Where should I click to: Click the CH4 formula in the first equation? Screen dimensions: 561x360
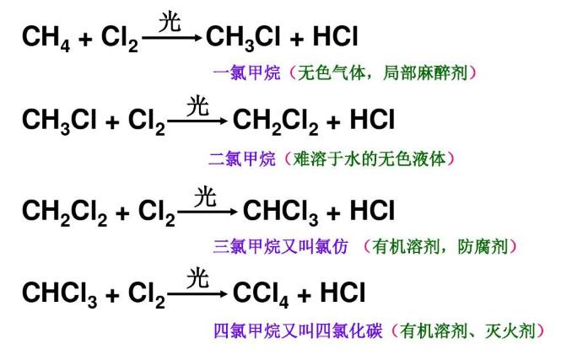pyautogui.click(x=46, y=38)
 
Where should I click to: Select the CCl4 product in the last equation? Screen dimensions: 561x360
pyautogui.click(x=261, y=295)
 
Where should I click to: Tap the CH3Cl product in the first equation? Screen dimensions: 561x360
pyautogui.click(x=242, y=38)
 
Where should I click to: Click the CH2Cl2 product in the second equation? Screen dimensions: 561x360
pyautogui.click(x=276, y=121)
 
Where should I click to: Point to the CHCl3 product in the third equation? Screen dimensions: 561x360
pyautogui.click(x=280, y=212)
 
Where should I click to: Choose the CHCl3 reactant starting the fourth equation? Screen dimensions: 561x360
pyautogui.click(x=59, y=295)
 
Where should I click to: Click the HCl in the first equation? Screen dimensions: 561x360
pyautogui.click(x=335, y=36)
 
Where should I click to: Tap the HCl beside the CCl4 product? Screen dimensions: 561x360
pyautogui.click(x=343, y=293)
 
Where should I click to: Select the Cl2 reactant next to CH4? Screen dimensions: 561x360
pyautogui.click(x=120, y=38)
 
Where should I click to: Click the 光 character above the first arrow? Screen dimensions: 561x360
pyautogui.click(x=170, y=21)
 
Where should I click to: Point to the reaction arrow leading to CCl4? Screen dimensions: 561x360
pyautogui.click(x=197, y=294)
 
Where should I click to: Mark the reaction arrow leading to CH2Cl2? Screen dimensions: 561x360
pyautogui.click(x=197, y=121)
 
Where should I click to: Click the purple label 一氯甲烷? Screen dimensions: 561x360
pyautogui.click(x=247, y=73)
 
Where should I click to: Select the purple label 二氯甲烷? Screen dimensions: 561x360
pyautogui.click(x=242, y=159)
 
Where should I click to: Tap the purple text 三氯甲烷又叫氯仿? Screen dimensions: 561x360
pyautogui.click(x=280, y=247)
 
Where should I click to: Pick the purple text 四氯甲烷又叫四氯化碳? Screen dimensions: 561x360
pyautogui.click(x=298, y=331)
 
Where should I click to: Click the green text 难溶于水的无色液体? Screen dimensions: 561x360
pyautogui.click(x=370, y=159)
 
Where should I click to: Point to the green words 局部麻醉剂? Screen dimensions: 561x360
pyautogui.click(x=425, y=73)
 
